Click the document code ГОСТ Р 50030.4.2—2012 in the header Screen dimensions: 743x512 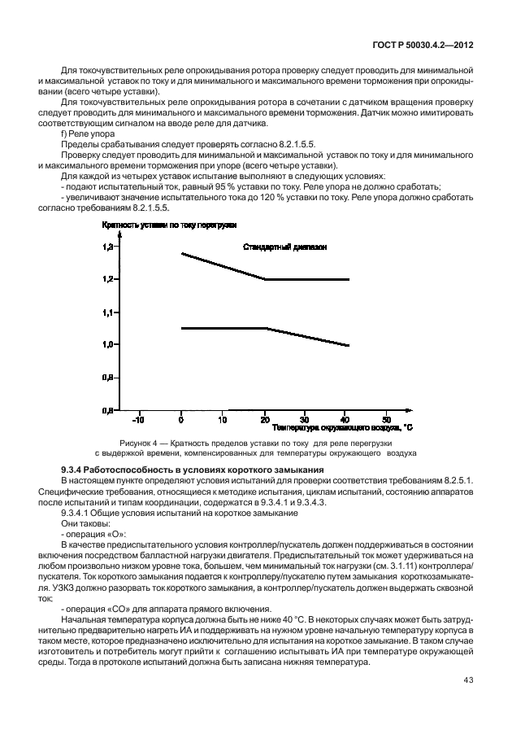point(422,47)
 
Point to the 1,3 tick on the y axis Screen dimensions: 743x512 point(108,247)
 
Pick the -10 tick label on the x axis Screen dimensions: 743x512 point(138,420)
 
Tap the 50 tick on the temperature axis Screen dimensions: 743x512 point(387,420)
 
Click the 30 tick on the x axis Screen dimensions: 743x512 point(304,420)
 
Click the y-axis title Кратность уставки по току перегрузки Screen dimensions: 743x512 point(168,224)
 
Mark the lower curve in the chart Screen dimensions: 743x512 point(244,328)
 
